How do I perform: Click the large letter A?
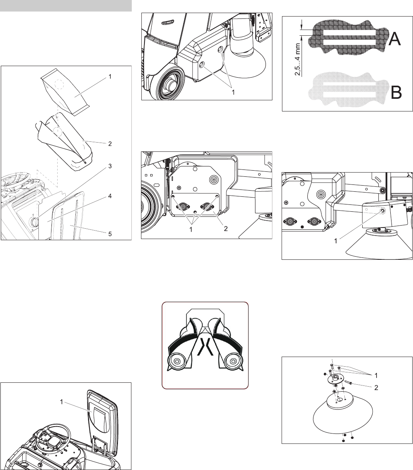point(395,39)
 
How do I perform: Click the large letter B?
point(396,93)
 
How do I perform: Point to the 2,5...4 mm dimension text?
point(297,60)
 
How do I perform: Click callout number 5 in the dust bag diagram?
point(110,234)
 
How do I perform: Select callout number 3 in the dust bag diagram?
point(110,166)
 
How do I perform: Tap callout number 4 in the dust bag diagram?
point(110,196)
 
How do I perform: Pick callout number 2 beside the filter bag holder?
point(110,144)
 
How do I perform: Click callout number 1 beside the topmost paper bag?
point(110,76)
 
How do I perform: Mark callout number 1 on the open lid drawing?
point(61,402)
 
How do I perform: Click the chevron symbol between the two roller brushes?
point(205,347)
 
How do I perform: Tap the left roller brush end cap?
point(177,361)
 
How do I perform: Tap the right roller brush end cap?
point(234,361)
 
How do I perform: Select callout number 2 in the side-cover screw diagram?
point(226,229)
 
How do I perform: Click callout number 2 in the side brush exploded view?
point(376,387)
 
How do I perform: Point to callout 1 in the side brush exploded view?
point(376,375)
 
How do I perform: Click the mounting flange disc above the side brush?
point(335,379)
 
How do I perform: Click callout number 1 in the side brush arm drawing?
point(335,241)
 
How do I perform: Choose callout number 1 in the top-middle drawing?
point(233,92)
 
